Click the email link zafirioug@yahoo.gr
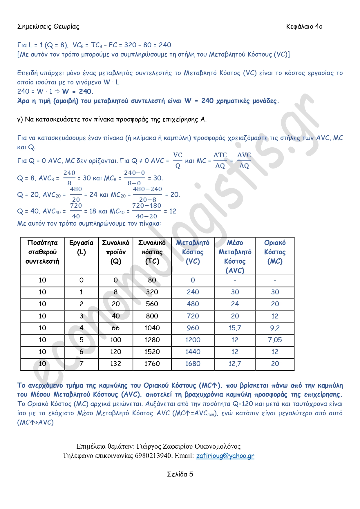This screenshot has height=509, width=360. [225, 456]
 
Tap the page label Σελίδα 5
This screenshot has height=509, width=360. [180, 474]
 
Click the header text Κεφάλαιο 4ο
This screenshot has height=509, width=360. [304, 26]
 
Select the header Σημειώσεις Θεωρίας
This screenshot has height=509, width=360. [48, 26]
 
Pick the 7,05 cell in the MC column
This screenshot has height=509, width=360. [275, 340]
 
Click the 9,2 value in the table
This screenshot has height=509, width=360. [275, 328]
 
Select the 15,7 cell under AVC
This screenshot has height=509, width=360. [235, 328]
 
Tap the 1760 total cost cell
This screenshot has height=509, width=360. [152, 364]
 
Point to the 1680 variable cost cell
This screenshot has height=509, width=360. [193, 364]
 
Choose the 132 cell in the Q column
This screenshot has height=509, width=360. [115, 364]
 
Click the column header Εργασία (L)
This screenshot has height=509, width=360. [81, 247]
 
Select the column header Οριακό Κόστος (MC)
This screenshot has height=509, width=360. [275, 252]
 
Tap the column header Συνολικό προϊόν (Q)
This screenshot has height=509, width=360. [115, 252]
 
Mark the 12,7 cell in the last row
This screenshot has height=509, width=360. [235, 364]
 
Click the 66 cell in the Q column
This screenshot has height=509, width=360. [115, 328]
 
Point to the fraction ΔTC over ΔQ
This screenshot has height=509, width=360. [220, 160]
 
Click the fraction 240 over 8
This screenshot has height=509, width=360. [69, 178]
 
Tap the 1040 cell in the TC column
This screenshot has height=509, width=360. [152, 328]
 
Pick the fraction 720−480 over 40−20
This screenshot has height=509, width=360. [146, 211]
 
